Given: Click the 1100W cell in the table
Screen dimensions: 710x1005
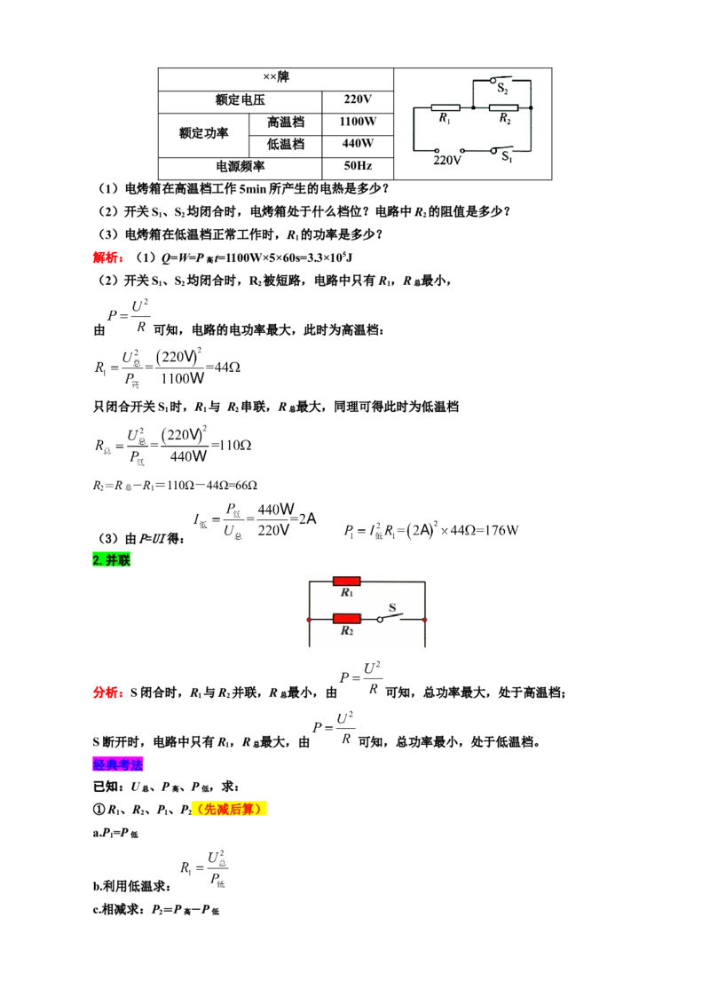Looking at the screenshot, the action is (x=358, y=122).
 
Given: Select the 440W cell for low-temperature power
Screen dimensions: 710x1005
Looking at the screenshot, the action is (x=358, y=144).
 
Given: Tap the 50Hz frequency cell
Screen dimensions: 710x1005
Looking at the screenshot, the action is (x=358, y=166).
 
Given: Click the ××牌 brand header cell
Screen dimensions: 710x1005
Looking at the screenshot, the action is (x=275, y=77).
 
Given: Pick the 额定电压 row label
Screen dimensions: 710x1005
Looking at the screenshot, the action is (x=240, y=100).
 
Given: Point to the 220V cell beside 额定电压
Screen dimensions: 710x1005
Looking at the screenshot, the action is (x=358, y=99).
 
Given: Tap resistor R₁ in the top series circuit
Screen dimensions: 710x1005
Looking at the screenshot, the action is (x=446, y=107).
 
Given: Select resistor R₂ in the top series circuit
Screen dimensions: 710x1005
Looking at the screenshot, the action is (x=504, y=107).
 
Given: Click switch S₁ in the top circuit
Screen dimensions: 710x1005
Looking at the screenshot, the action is (x=501, y=152).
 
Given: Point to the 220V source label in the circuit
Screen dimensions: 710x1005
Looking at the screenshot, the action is (x=446, y=160).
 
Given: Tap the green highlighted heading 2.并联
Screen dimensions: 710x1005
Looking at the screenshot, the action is (x=112, y=560).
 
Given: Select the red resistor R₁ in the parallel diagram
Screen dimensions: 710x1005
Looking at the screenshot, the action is (x=347, y=582).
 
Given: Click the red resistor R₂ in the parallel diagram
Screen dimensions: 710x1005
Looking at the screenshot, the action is (x=347, y=619).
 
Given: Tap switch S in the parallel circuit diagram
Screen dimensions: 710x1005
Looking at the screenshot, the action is (x=390, y=616).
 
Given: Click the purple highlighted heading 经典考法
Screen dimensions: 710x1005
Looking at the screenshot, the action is (x=118, y=764).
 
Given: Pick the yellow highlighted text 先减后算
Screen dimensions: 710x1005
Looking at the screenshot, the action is (x=229, y=810).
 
